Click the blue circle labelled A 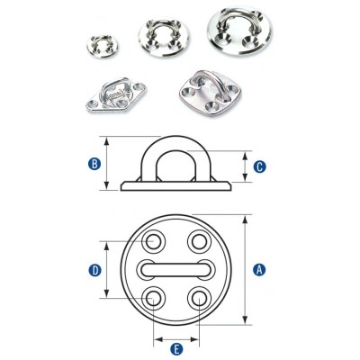tap(259, 269)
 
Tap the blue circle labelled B tap(94, 164)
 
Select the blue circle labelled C tap(259, 166)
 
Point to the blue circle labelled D tap(94, 271)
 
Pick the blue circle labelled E tap(176, 349)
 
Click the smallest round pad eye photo tap(103, 46)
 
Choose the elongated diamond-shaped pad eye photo tap(114, 94)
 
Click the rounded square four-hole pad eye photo tap(211, 94)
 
